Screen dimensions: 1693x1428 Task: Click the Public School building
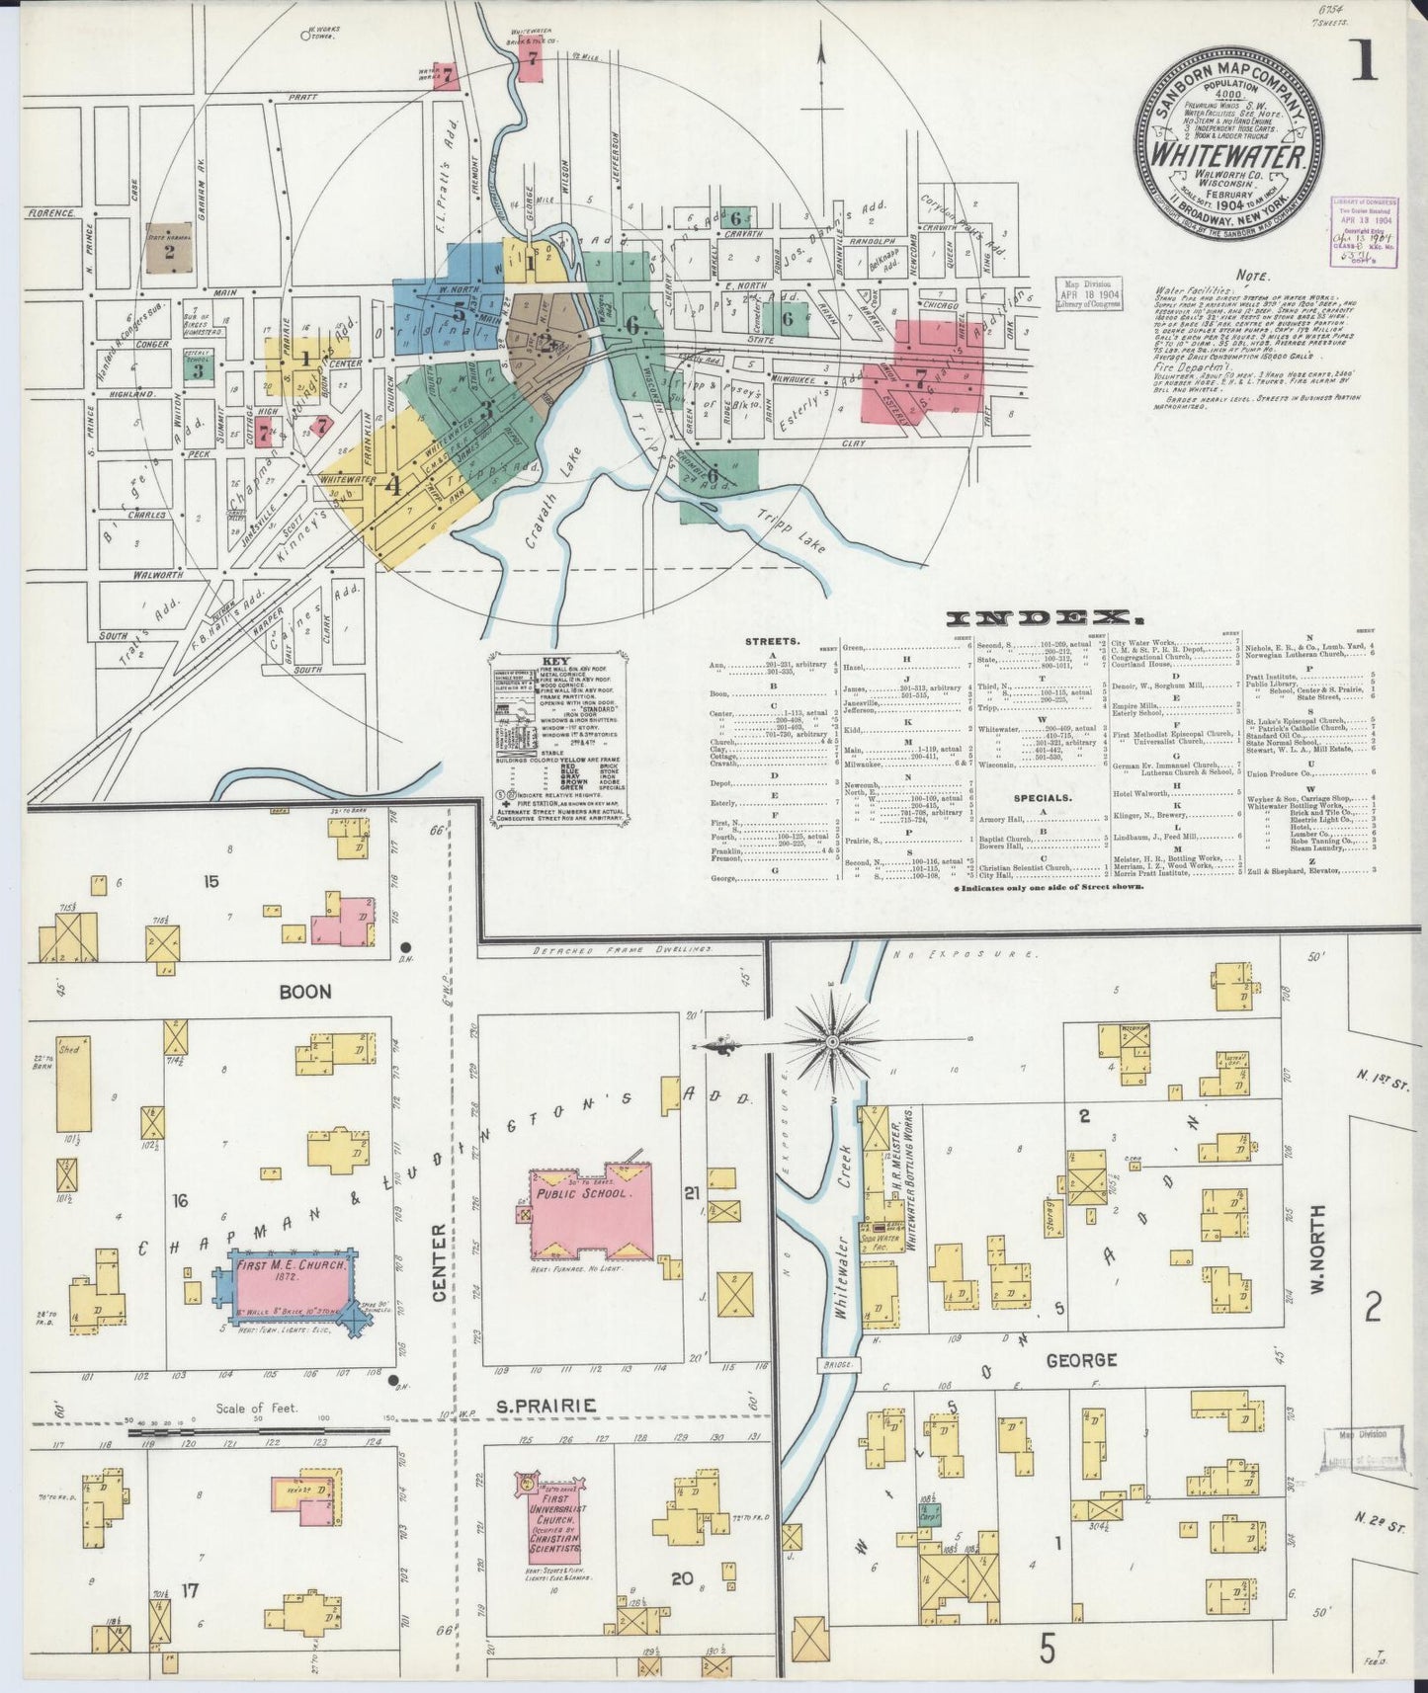point(591,1217)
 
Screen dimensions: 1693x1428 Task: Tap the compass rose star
point(832,1042)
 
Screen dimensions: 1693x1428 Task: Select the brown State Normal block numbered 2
point(169,253)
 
